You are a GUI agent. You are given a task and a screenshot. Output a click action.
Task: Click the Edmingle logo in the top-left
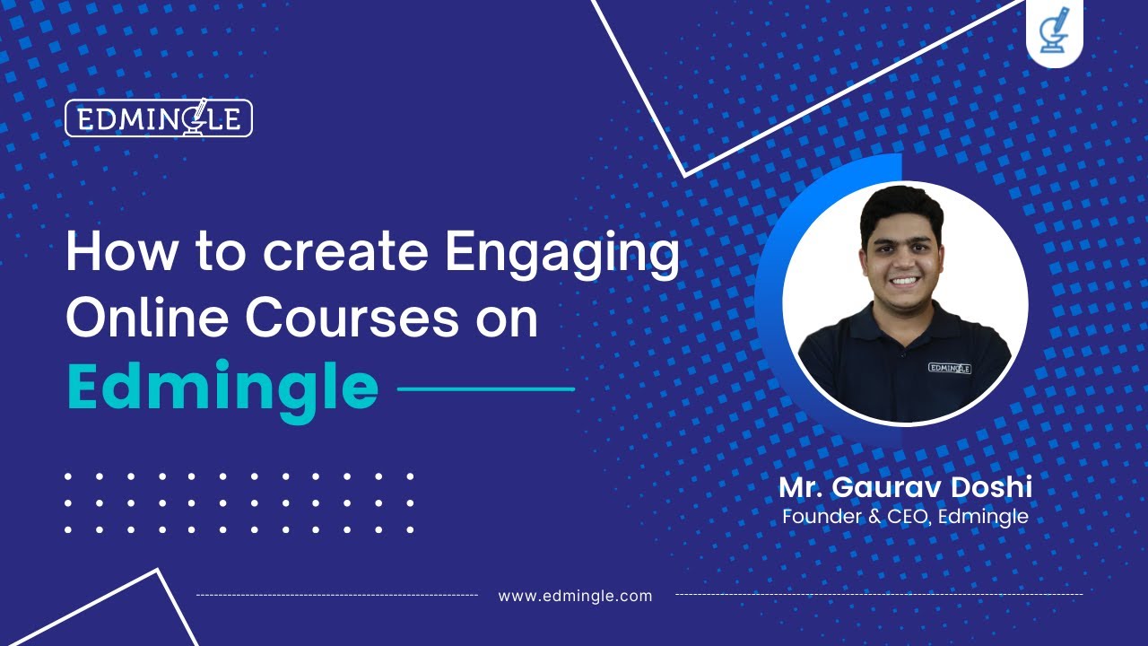159,118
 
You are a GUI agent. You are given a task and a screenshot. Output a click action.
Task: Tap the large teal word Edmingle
222,388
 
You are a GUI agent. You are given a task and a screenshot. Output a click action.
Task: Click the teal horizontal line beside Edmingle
485,389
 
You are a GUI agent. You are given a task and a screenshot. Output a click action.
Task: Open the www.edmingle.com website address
575,596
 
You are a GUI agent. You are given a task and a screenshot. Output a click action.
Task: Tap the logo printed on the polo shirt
950,367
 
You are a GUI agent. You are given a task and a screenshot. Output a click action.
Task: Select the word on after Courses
507,320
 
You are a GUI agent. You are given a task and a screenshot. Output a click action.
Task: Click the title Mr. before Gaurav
801,488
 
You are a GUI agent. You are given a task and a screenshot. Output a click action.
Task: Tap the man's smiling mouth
903,280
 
